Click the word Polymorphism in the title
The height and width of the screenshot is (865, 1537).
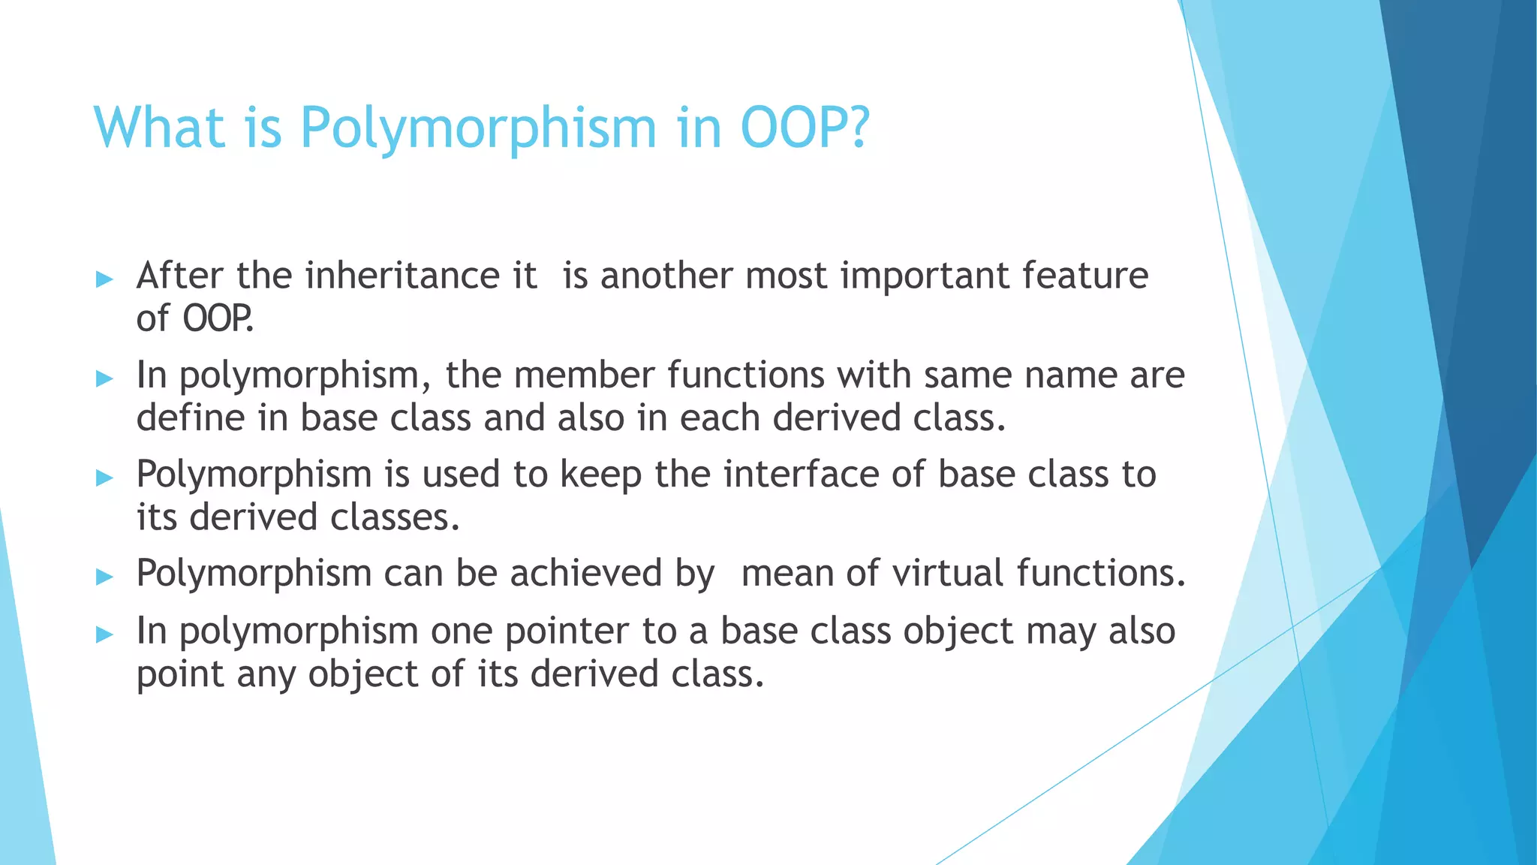click(479, 128)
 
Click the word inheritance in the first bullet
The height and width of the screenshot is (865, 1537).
click(402, 276)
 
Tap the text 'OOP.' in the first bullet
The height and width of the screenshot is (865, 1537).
click(218, 319)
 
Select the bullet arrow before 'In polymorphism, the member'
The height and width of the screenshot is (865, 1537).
click(104, 378)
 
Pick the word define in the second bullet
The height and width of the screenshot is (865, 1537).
click(190, 418)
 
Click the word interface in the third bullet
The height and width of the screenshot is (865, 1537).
click(801, 475)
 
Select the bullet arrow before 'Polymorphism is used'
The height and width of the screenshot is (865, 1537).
click(104, 478)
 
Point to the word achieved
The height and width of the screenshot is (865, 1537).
click(586, 573)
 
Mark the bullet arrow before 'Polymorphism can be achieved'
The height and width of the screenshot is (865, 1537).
click(104, 577)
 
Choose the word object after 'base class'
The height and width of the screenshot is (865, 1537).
click(958, 632)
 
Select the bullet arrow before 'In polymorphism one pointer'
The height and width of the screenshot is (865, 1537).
click(104, 634)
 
